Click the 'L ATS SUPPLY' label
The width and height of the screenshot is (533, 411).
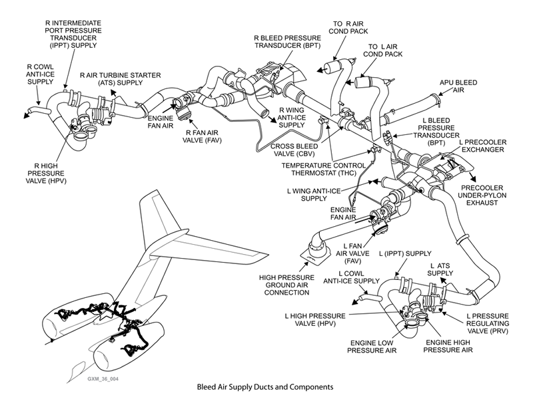(440, 269)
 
